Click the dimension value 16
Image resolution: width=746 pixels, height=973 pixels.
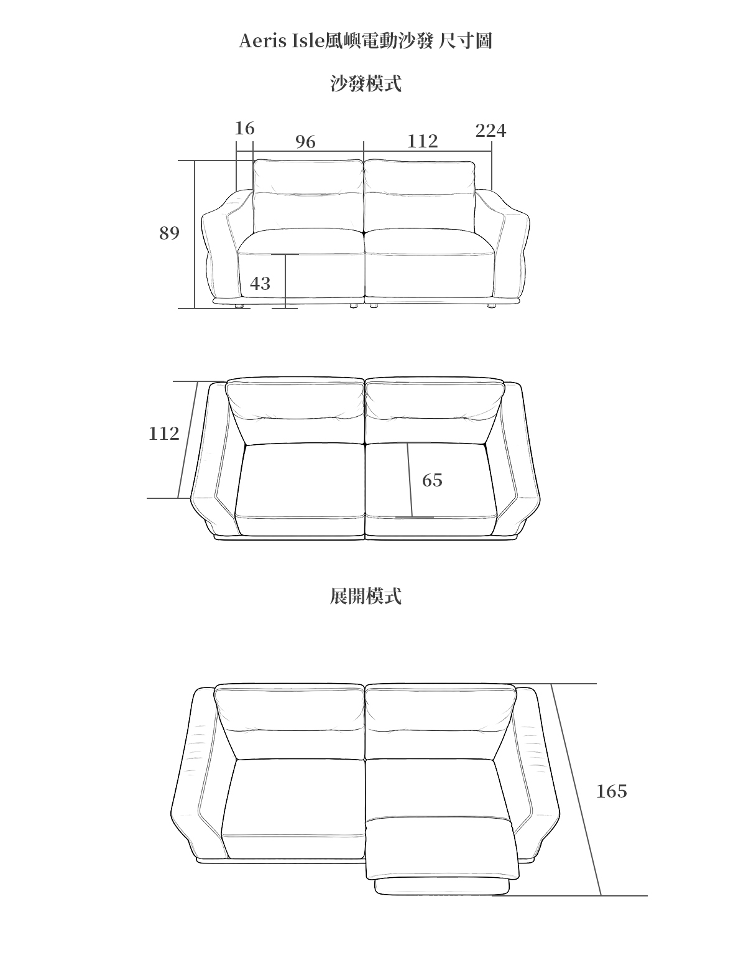[244, 128]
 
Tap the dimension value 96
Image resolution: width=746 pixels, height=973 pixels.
[305, 142]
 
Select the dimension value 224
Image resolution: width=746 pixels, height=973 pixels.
[490, 131]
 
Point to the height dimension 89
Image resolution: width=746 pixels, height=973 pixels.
[169, 233]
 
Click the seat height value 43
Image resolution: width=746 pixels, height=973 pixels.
[260, 284]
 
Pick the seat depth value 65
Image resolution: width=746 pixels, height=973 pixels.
[432, 480]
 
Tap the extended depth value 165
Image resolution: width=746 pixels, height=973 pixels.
[611, 791]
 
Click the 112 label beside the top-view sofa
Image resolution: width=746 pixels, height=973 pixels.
[163, 434]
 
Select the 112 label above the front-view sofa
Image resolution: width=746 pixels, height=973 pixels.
[422, 142]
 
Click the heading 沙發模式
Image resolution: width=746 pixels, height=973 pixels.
[366, 83]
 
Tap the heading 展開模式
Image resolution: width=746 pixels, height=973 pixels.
[366, 596]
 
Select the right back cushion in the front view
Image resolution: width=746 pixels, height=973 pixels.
[420, 196]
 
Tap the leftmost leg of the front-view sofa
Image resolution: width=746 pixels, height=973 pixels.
[239, 306]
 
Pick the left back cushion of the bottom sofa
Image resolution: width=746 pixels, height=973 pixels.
[290, 722]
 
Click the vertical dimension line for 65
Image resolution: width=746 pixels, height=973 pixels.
[410, 479]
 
